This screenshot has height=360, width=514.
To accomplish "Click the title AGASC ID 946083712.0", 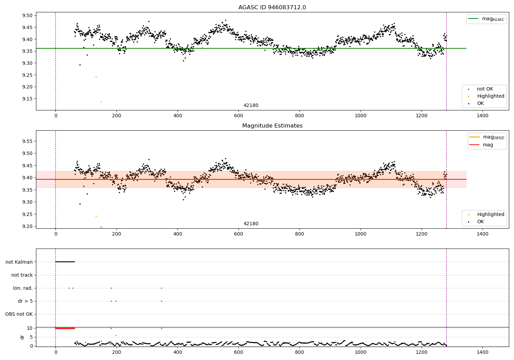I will coord(272,8).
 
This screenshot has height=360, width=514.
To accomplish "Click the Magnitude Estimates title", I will coord(272,126).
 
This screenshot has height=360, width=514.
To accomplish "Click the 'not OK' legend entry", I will coord(485,89).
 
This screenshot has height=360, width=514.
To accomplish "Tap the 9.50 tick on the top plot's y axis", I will coord(27,16).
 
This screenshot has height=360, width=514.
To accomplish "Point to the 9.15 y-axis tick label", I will coord(27,99).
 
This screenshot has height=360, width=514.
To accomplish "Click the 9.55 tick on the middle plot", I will coord(27,141).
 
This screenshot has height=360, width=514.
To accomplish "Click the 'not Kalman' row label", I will coord(19,262).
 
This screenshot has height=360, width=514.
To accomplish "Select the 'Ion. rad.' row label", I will coord(23,288).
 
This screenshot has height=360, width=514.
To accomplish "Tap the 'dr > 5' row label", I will coord(25,301).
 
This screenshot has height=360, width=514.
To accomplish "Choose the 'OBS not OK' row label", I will coord(19,314).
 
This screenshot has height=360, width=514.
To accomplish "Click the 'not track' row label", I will coord(22,275).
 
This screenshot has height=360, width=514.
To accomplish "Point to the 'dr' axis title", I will coord(22,337).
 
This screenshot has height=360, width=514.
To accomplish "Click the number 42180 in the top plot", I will coord(251,106).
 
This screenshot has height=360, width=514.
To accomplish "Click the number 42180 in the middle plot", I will coord(251,224).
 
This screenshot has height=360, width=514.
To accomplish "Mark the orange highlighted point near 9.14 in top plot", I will coord(101,102).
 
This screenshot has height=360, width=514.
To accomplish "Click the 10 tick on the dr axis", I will coord(30,328).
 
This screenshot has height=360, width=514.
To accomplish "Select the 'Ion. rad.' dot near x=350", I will coord(161,288).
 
